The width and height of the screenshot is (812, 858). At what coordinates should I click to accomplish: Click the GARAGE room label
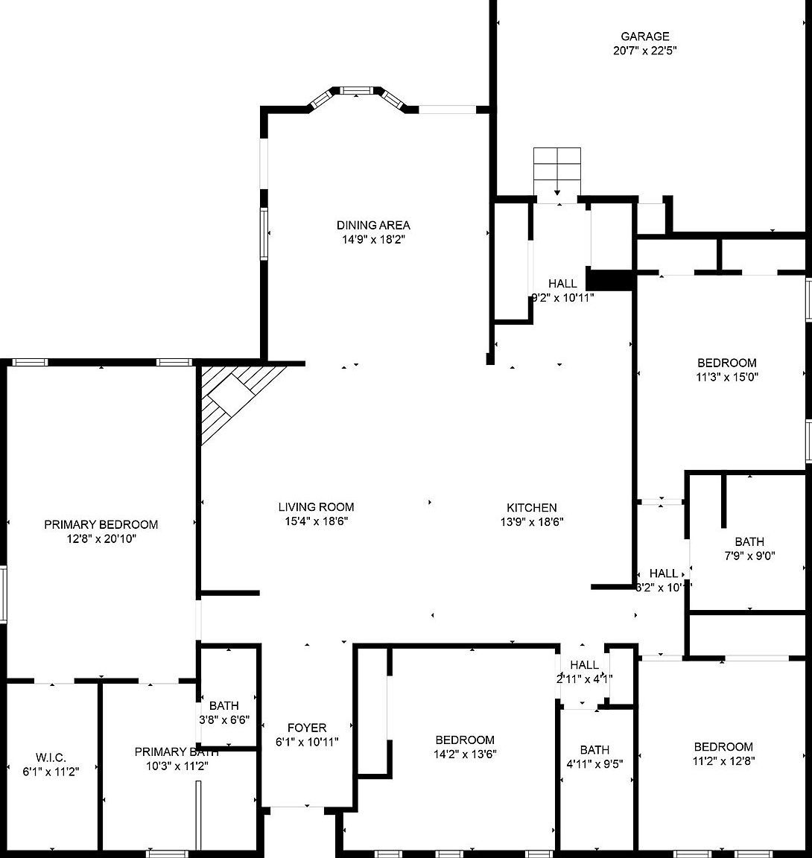tap(645, 36)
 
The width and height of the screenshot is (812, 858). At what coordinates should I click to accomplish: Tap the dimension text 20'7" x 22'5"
tap(645, 51)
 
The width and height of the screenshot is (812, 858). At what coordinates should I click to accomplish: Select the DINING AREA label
tap(373, 225)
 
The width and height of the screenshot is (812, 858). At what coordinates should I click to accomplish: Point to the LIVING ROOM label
tap(316, 507)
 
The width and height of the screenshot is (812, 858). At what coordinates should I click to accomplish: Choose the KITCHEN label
tap(532, 507)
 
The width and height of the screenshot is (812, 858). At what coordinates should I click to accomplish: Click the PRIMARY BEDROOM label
tap(101, 524)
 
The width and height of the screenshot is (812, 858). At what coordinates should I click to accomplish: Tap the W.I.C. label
tap(51, 757)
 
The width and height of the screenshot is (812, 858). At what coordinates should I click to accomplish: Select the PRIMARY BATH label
tap(176, 752)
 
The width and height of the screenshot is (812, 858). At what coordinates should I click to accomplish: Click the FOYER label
tap(307, 728)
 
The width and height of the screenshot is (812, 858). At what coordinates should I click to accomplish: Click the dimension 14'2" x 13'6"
tap(466, 754)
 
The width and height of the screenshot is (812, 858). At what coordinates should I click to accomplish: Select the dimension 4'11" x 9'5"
tap(594, 763)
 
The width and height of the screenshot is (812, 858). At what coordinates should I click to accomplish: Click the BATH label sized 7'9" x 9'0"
tap(749, 541)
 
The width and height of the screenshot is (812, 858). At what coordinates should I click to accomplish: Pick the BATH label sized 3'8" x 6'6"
tap(223, 705)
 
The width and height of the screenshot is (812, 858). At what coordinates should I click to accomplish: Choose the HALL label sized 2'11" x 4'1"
tap(584, 664)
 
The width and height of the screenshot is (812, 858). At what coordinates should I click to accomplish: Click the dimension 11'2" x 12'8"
tap(723, 761)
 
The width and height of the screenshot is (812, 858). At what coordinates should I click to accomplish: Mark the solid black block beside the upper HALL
tap(609, 279)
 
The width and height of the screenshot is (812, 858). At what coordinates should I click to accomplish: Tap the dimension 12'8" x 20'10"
tap(101, 538)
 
